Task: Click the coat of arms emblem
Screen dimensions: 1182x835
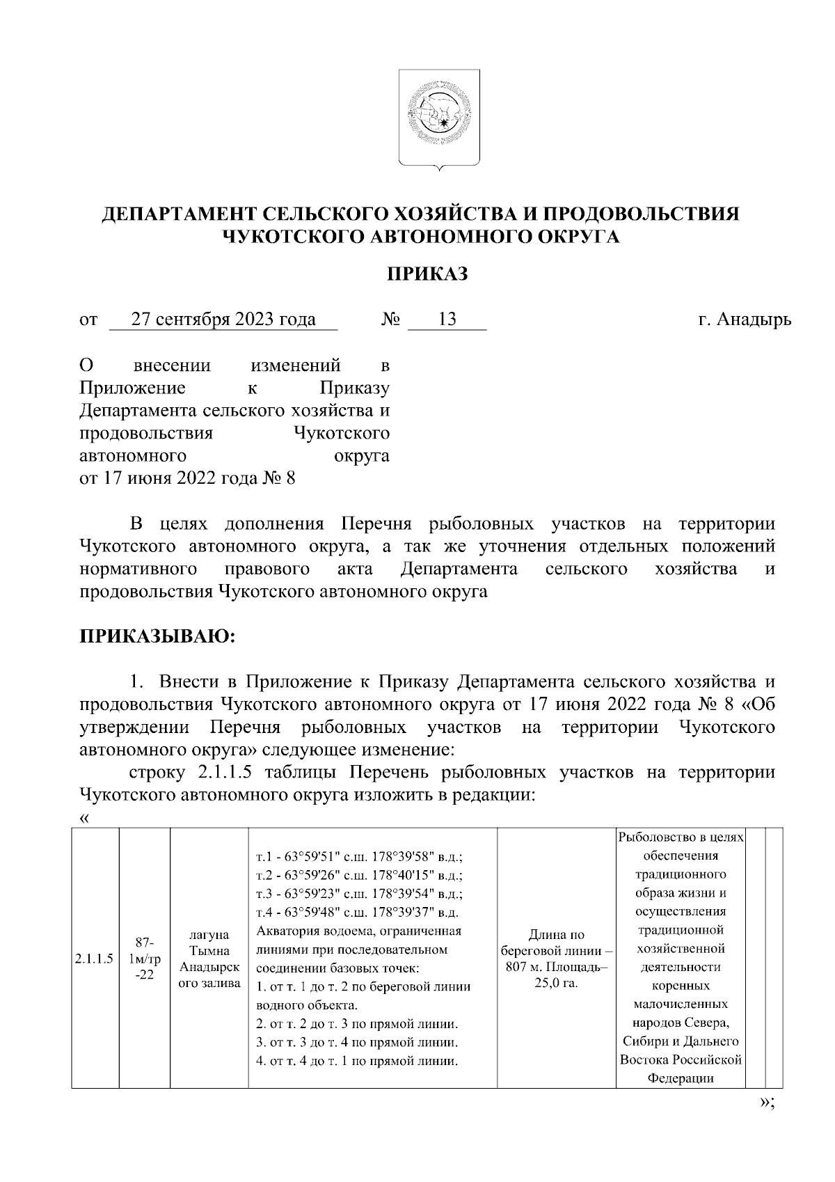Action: (438, 118)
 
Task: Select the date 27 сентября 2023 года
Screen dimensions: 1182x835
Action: (223, 320)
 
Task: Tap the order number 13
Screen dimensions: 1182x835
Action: (447, 320)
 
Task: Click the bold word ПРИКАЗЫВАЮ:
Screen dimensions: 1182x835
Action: (159, 636)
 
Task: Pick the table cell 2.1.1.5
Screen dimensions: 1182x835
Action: (94, 958)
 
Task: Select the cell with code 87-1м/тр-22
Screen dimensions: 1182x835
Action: (145, 958)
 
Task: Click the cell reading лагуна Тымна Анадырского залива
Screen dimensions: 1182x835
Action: (209, 958)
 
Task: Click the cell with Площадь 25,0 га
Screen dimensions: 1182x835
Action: (556, 958)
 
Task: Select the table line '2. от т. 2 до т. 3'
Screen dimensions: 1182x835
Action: (357, 1025)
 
